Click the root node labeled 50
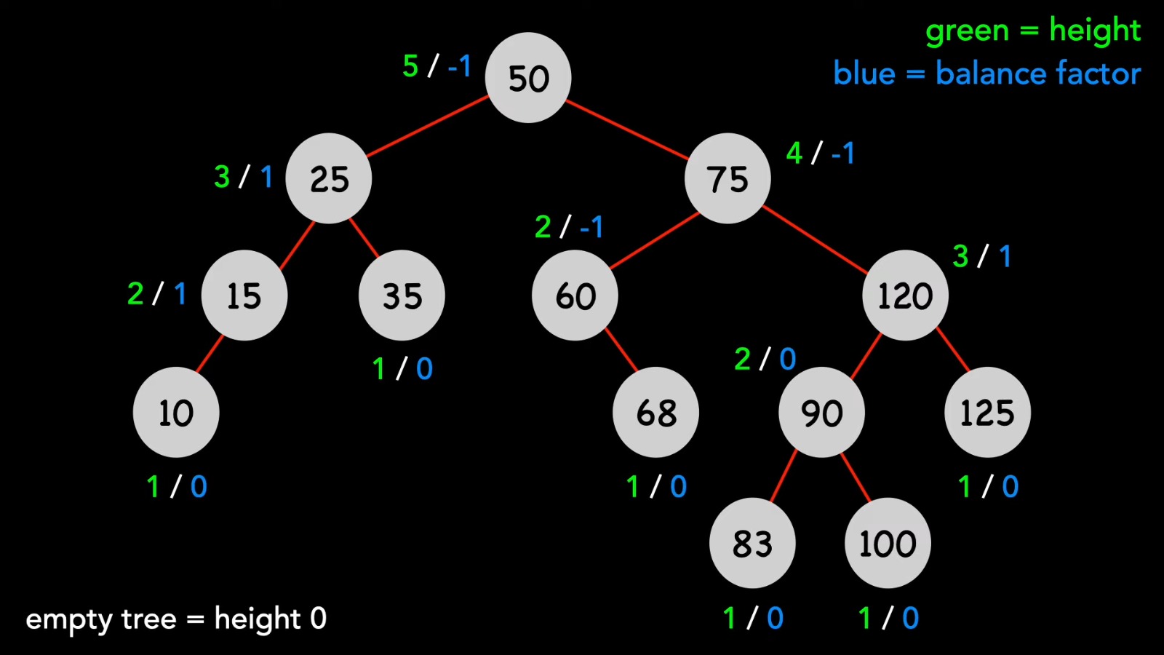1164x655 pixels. [x=528, y=78]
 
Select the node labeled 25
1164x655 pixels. [x=329, y=178]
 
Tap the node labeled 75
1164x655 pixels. [x=727, y=178]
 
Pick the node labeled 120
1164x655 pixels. [x=905, y=295]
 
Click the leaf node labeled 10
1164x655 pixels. [x=176, y=413]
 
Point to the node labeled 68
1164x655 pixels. [x=656, y=413]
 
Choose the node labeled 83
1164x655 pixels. [x=752, y=544]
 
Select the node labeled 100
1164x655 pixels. [x=888, y=544]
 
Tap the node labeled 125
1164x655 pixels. [x=987, y=413]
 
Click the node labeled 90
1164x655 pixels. [x=822, y=413]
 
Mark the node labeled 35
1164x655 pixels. [x=402, y=295]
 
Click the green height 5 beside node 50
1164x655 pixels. [x=410, y=65]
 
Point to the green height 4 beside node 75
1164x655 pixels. [x=794, y=153]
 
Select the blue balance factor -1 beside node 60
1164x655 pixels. [x=591, y=227]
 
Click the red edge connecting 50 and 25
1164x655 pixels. [x=428, y=126]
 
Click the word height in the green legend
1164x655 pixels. [x=1094, y=31]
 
